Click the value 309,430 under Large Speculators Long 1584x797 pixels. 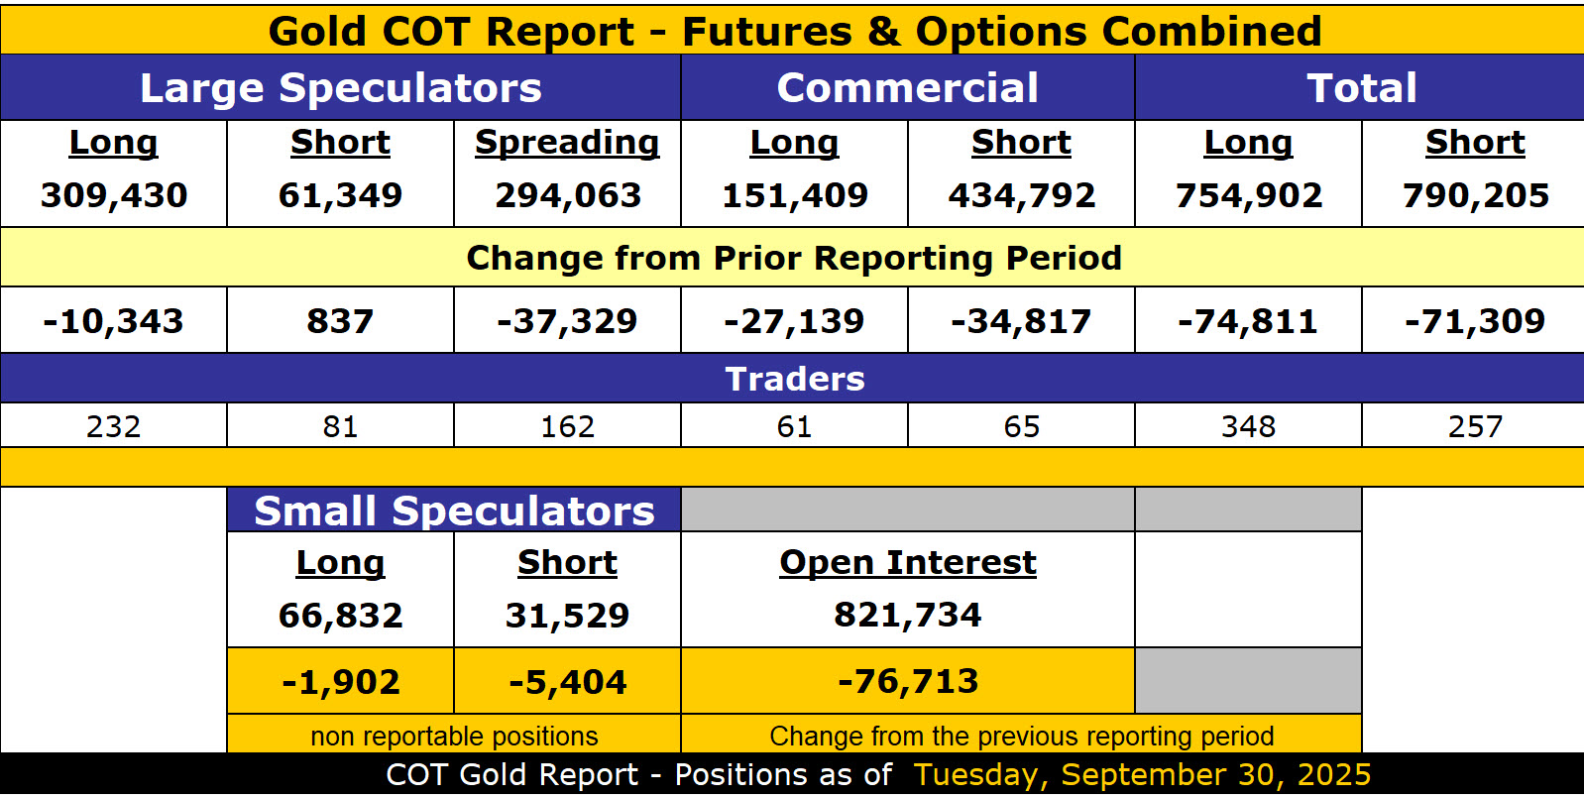pyautogui.click(x=114, y=195)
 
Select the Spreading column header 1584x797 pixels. pyautogui.click(x=567, y=143)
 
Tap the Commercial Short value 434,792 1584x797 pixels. pyautogui.click(x=1022, y=195)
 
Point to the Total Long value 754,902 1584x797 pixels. pyautogui.click(x=1249, y=195)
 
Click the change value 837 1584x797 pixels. pyautogui.click(x=340, y=321)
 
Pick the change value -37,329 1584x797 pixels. pyautogui.click(x=567, y=321)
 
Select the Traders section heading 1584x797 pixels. pyautogui.click(x=795, y=379)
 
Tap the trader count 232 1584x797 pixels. pyautogui.click(x=114, y=426)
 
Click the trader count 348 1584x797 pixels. pyautogui.click(x=1249, y=426)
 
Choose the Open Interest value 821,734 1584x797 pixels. pyautogui.click(x=908, y=615)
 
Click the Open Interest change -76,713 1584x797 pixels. pyautogui.click(x=908, y=681)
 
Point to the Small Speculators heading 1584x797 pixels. pyautogui.click(x=454, y=511)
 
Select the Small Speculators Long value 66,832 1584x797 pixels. pyautogui.click(x=340, y=616)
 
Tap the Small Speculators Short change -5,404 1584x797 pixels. pyautogui.click(x=567, y=682)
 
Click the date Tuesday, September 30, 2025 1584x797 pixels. pyautogui.click(x=1142, y=774)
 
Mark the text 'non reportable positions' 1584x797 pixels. pyautogui.click(x=454, y=736)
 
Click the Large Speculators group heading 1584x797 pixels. pyautogui.click(x=341, y=88)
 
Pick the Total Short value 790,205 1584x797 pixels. pyautogui.click(x=1476, y=195)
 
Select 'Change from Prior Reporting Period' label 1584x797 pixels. pyautogui.click(x=794, y=258)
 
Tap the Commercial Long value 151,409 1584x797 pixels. pyautogui.click(x=795, y=195)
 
